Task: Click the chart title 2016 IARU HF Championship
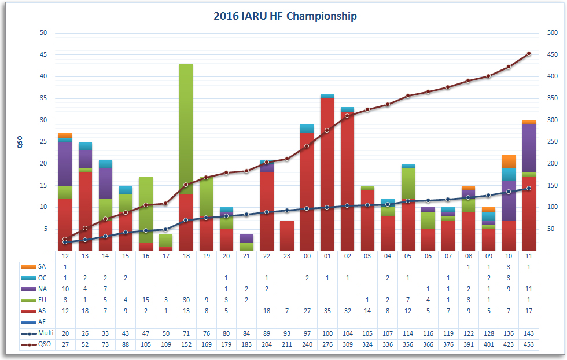[285, 16]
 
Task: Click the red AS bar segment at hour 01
[327, 174]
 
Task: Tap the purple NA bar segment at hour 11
[529, 148]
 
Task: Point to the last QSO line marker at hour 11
[529, 53]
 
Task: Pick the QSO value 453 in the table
[529, 344]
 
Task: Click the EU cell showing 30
[186, 300]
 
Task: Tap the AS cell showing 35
[327, 311]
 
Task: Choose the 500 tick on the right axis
[552, 33]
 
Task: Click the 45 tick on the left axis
[43, 54]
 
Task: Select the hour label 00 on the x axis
[307, 256]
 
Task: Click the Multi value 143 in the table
[529, 333]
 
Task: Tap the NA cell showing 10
[65, 289]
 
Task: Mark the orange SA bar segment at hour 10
[509, 161]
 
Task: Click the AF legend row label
[42, 322]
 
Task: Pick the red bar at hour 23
[286, 235]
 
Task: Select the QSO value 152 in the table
[186, 344]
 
